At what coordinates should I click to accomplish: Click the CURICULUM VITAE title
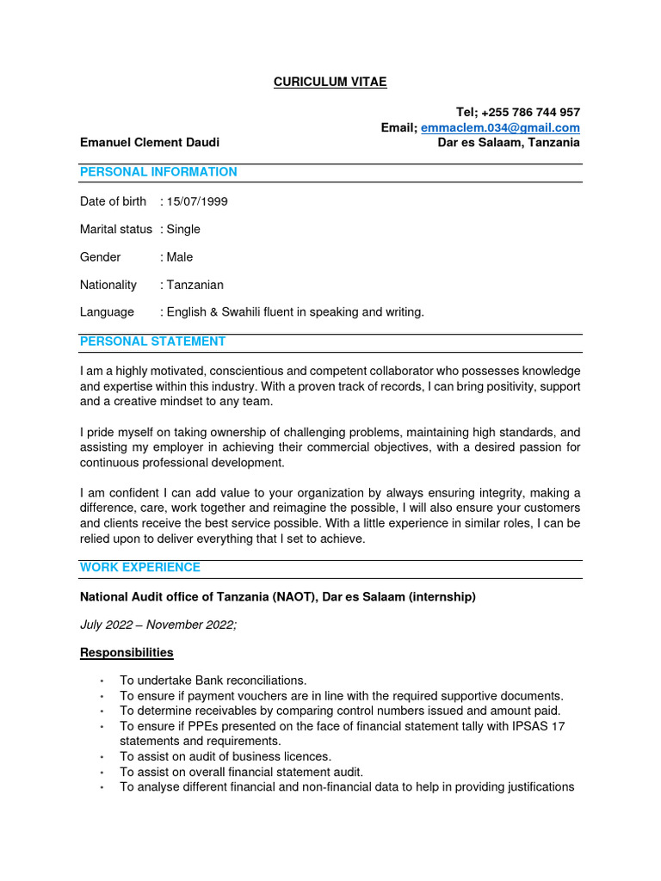tap(330, 82)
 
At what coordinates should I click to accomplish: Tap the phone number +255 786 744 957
tap(530, 113)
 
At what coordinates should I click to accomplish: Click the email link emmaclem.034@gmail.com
tap(500, 127)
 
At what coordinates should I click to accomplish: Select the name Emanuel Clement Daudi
tap(156, 142)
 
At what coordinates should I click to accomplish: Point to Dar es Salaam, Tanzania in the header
tap(509, 142)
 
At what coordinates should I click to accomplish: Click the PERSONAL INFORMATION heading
tap(158, 172)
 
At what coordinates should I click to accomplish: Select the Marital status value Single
tap(182, 229)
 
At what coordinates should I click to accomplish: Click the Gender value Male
tap(179, 257)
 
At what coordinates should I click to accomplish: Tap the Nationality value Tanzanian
tap(195, 285)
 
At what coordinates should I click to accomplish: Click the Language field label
tap(107, 312)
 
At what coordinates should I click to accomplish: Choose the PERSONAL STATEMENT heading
tap(152, 342)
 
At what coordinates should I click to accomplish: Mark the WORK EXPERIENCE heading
tap(140, 568)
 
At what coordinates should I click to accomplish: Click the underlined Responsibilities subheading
tap(127, 653)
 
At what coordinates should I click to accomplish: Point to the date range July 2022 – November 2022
tap(158, 625)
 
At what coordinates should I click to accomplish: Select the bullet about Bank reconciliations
tap(213, 681)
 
